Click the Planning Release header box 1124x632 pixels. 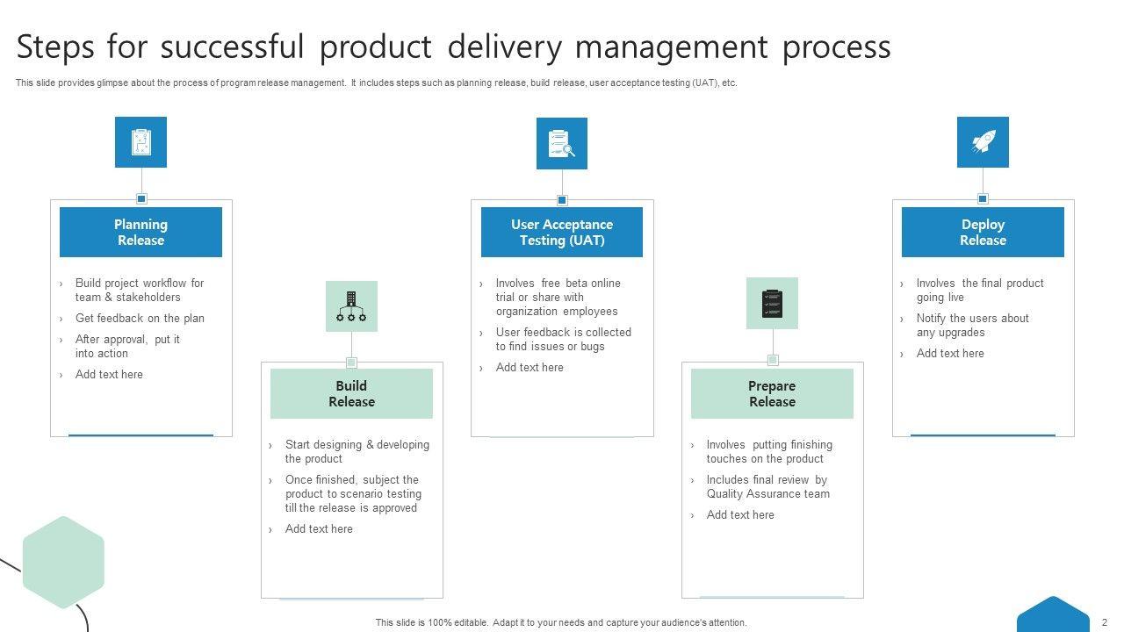pos(140,232)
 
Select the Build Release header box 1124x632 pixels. pos(351,393)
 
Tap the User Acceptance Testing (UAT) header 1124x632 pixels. pos(562,232)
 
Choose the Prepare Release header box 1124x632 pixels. pos(772,393)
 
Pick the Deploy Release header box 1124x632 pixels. pos(983,232)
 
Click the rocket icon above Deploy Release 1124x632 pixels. pos(983,142)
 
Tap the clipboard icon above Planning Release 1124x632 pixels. pos(140,142)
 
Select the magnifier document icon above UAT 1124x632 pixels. pos(562,143)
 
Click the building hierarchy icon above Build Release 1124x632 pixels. pos(351,306)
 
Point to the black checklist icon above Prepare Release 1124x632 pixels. pos(772,304)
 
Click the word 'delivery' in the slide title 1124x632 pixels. pos(503,47)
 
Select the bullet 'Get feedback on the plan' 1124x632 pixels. pos(140,319)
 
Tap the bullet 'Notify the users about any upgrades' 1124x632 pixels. pos(972,326)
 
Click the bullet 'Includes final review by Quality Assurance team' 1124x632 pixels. pos(767,487)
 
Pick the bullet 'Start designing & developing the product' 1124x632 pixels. pos(357,452)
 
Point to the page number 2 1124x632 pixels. pos(1105,622)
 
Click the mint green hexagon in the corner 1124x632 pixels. pos(63,563)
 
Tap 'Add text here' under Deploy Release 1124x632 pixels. pos(950,354)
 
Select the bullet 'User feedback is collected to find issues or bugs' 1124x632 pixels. pos(563,340)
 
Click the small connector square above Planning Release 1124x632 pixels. pos(141,199)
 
